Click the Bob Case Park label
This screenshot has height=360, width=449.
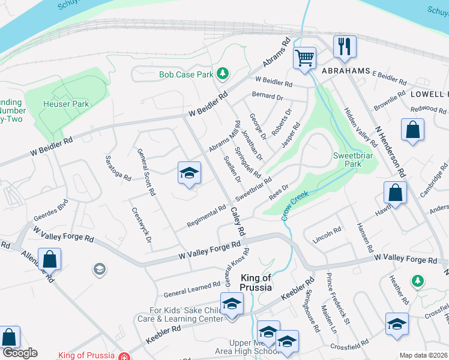pos(186,75)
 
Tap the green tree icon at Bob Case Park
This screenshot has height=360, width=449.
pos(223,73)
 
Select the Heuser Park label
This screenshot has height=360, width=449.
pos(66,104)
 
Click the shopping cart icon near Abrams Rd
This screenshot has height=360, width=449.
pos(305,58)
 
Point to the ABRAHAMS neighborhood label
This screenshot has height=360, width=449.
pos(345,70)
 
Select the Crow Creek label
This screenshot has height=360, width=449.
pos(295,204)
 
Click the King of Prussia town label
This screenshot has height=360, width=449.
pos(256,282)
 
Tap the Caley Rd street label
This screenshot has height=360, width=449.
pos(238,220)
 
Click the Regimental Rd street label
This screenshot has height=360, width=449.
pos(206,214)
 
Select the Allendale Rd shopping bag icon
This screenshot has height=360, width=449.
pos(49,259)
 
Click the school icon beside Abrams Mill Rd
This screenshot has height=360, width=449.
pos(189,173)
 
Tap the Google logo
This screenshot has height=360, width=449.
pos(19,353)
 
